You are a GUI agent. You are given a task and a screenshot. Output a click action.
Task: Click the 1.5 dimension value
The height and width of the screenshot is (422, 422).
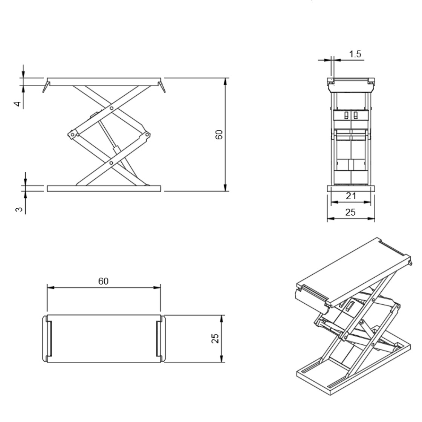(x=355, y=54)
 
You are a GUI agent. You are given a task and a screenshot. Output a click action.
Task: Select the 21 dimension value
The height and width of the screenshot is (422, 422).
(x=350, y=196)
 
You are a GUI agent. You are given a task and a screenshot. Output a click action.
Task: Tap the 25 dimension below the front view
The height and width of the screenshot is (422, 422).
(x=350, y=213)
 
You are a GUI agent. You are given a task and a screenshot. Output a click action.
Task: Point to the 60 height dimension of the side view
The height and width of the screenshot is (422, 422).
(x=219, y=135)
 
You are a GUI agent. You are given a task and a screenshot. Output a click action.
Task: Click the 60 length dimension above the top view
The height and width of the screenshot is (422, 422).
(x=104, y=281)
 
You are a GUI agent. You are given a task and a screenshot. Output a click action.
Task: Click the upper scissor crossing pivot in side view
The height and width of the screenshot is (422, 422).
(x=112, y=109)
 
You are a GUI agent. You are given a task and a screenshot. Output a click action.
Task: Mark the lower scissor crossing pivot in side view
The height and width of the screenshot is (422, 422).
(x=112, y=163)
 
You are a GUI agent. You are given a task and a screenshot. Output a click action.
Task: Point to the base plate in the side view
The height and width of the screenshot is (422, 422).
(x=104, y=188)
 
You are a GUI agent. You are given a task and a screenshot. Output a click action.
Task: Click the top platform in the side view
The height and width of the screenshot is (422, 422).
(x=104, y=82)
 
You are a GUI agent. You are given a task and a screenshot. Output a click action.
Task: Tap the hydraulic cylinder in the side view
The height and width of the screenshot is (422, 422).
(x=109, y=139)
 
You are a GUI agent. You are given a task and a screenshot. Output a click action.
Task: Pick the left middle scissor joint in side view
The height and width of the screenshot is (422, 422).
(x=71, y=135)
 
